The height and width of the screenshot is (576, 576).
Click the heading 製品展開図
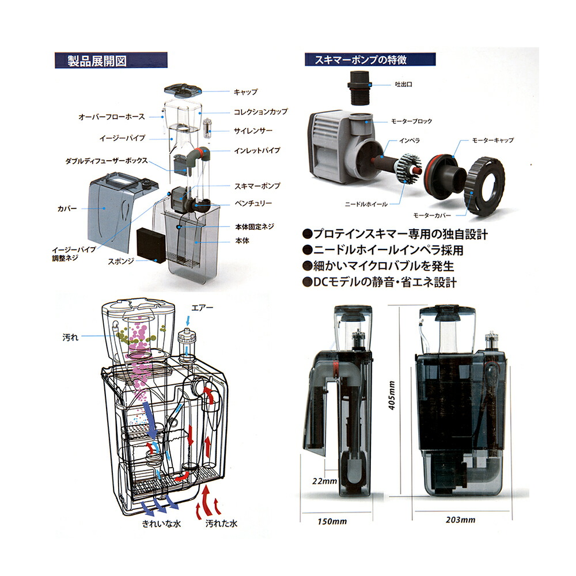97,60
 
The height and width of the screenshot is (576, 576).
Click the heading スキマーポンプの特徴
361,59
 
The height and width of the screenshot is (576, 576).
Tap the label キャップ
246,92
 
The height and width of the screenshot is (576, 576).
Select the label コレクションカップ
261,111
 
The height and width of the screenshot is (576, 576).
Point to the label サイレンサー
253,130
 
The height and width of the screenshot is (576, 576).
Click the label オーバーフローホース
112,117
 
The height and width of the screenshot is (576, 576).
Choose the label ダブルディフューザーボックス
107,161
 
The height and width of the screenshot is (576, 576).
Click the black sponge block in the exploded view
151,245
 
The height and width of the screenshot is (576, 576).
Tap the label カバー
67,209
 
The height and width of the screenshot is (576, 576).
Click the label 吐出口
403,84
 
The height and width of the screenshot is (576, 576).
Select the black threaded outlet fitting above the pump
359,88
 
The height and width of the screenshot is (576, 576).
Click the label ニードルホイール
366,204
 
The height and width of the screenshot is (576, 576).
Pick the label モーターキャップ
492,140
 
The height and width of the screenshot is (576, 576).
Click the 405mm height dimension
392,395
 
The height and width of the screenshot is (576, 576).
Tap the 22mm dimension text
325,481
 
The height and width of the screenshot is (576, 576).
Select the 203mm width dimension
461,520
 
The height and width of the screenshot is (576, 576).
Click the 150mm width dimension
332,521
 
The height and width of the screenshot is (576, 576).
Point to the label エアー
202,308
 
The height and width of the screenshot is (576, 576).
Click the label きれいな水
161,524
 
